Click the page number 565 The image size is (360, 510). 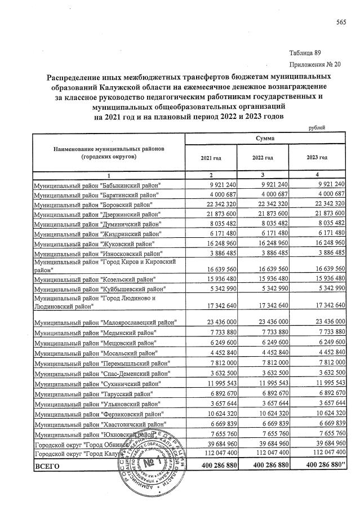coord(340,22)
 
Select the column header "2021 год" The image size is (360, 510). coord(210,158)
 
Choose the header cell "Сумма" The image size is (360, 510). coord(265,138)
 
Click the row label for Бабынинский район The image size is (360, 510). coord(97,185)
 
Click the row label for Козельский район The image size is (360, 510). coord(94,280)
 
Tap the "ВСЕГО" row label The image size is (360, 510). coord(47,467)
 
